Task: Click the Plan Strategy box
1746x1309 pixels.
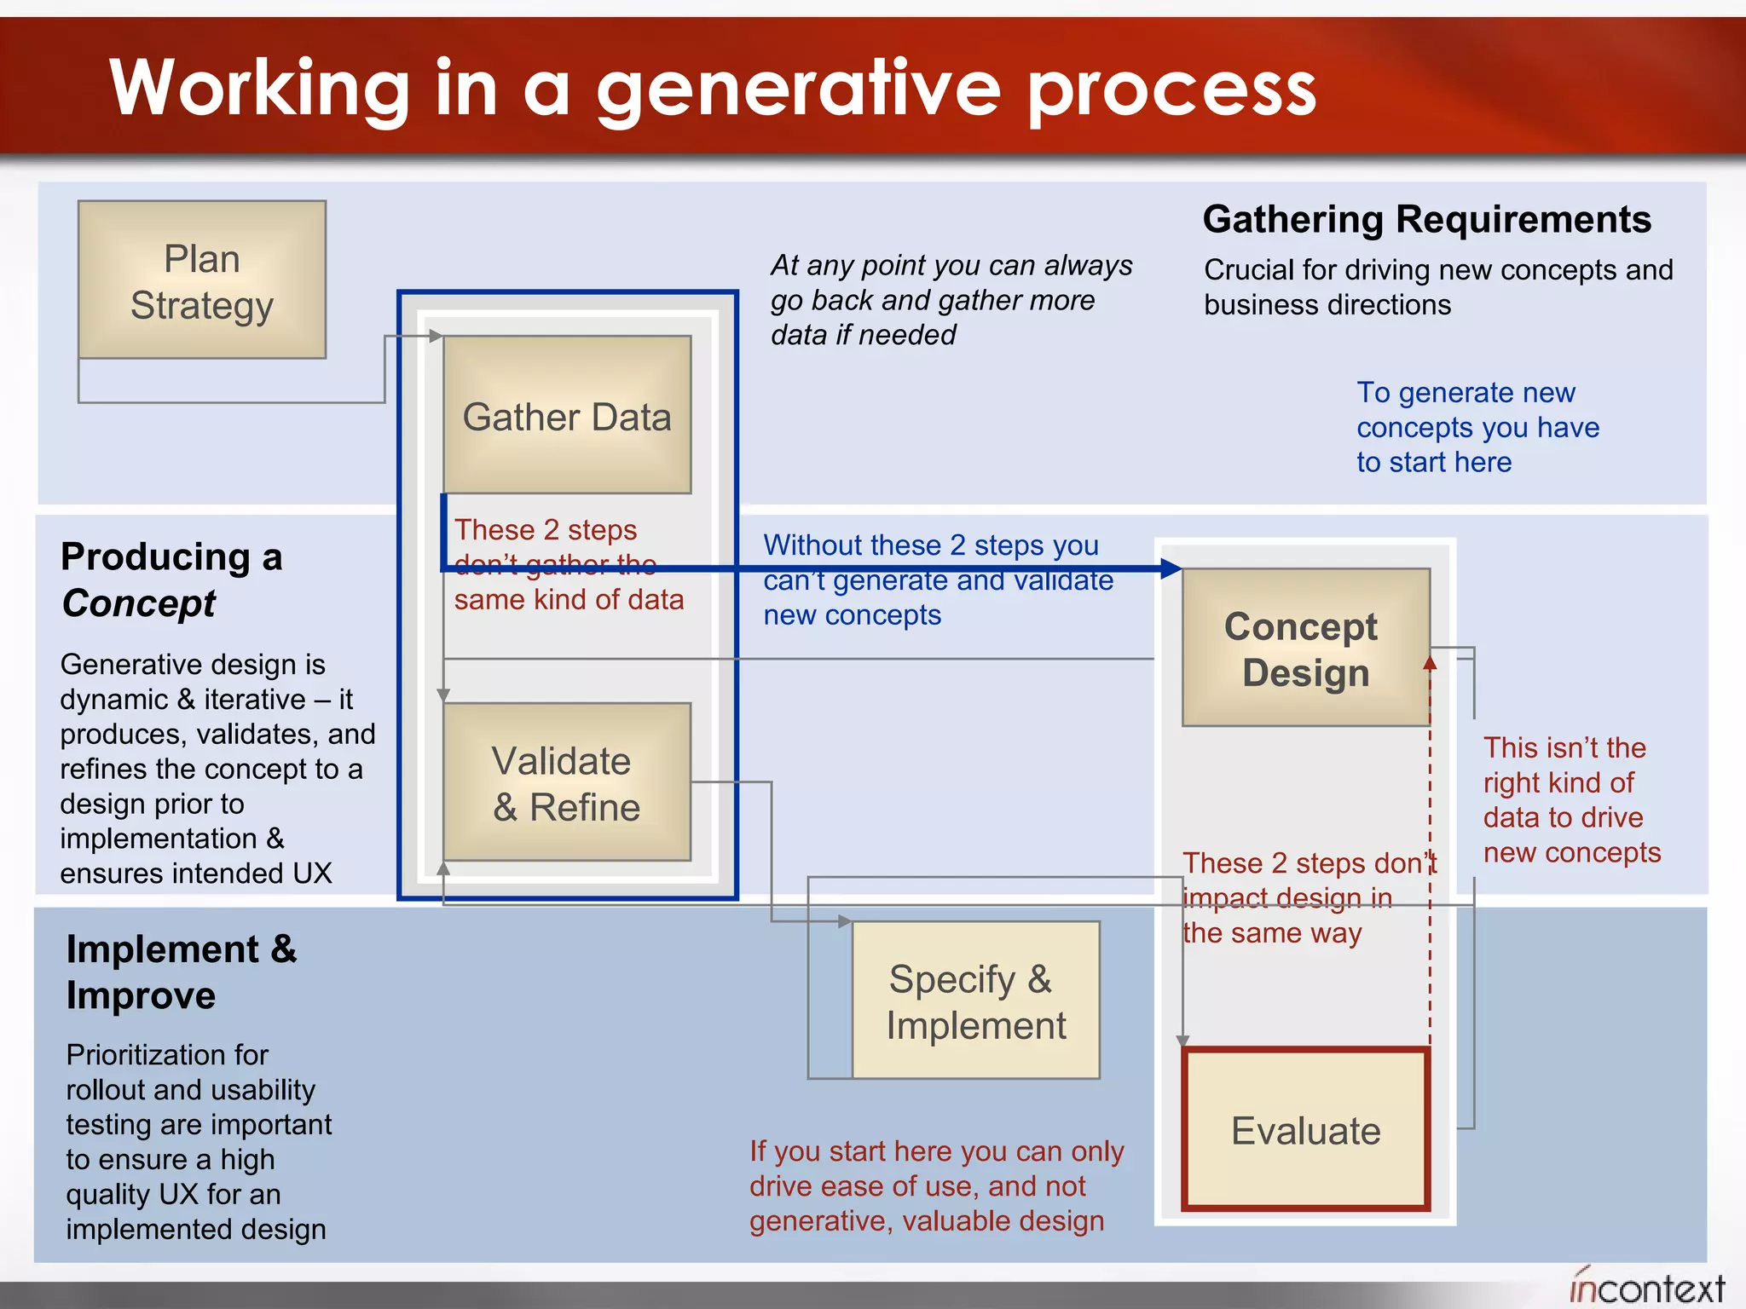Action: [201, 280]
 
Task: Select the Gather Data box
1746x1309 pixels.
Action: [567, 415]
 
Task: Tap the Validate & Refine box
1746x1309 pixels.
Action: [567, 782]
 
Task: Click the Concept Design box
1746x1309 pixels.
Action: [1305, 648]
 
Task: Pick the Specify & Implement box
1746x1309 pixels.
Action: [975, 1000]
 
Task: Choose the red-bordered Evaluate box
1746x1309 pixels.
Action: [1305, 1130]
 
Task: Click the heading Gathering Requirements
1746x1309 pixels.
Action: [1426, 219]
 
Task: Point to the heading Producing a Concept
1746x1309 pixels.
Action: [171, 580]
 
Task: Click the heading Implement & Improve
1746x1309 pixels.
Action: [181, 972]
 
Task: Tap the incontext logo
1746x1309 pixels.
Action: [1646, 1287]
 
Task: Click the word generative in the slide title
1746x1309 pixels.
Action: [798, 89]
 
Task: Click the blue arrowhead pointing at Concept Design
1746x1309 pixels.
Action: [1172, 568]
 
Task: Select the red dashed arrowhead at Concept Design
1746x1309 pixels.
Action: [1430, 662]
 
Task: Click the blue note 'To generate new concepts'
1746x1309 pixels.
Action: [1477, 427]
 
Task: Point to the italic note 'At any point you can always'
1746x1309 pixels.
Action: [951, 299]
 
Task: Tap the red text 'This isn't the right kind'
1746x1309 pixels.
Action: [1571, 799]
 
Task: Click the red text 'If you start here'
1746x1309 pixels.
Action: [936, 1185]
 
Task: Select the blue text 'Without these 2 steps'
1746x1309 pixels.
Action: [938, 580]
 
